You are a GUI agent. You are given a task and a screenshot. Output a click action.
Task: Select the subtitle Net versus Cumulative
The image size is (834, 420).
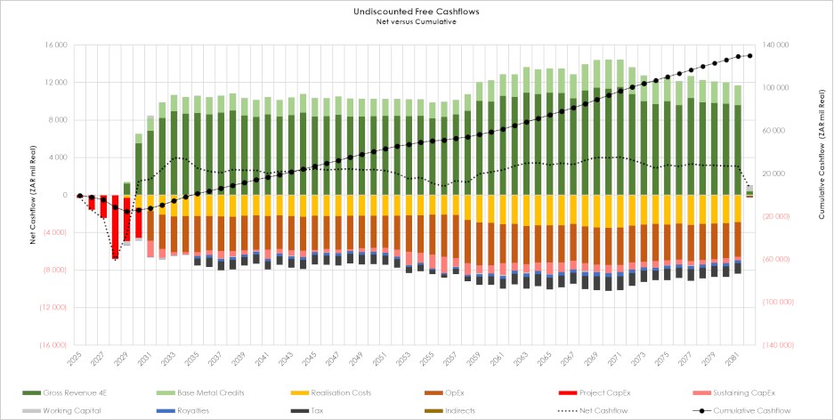pyautogui.click(x=417, y=21)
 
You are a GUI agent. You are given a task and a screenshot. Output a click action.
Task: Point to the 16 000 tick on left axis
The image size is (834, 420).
pyautogui.click(x=55, y=44)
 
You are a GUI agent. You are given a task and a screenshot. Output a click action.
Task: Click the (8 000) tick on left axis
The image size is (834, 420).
pyautogui.click(x=55, y=270)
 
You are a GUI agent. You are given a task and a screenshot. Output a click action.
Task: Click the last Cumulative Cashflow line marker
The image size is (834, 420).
pyautogui.click(x=749, y=55)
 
